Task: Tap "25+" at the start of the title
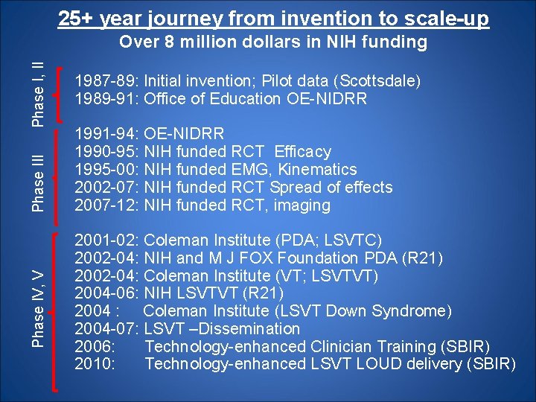[x=75, y=18]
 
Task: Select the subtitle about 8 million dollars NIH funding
[x=273, y=42]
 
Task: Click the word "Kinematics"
[x=316, y=170]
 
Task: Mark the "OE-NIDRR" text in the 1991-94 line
[x=184, y=134]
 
